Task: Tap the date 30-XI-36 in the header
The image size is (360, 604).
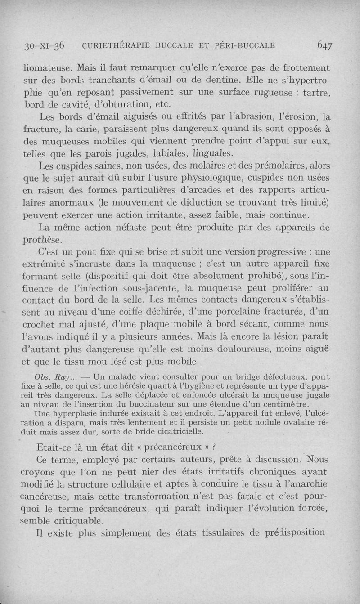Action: [x=45, y=45]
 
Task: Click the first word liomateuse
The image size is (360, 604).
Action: [x=48, y=69]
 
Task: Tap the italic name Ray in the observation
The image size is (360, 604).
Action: [x=61, y=377]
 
